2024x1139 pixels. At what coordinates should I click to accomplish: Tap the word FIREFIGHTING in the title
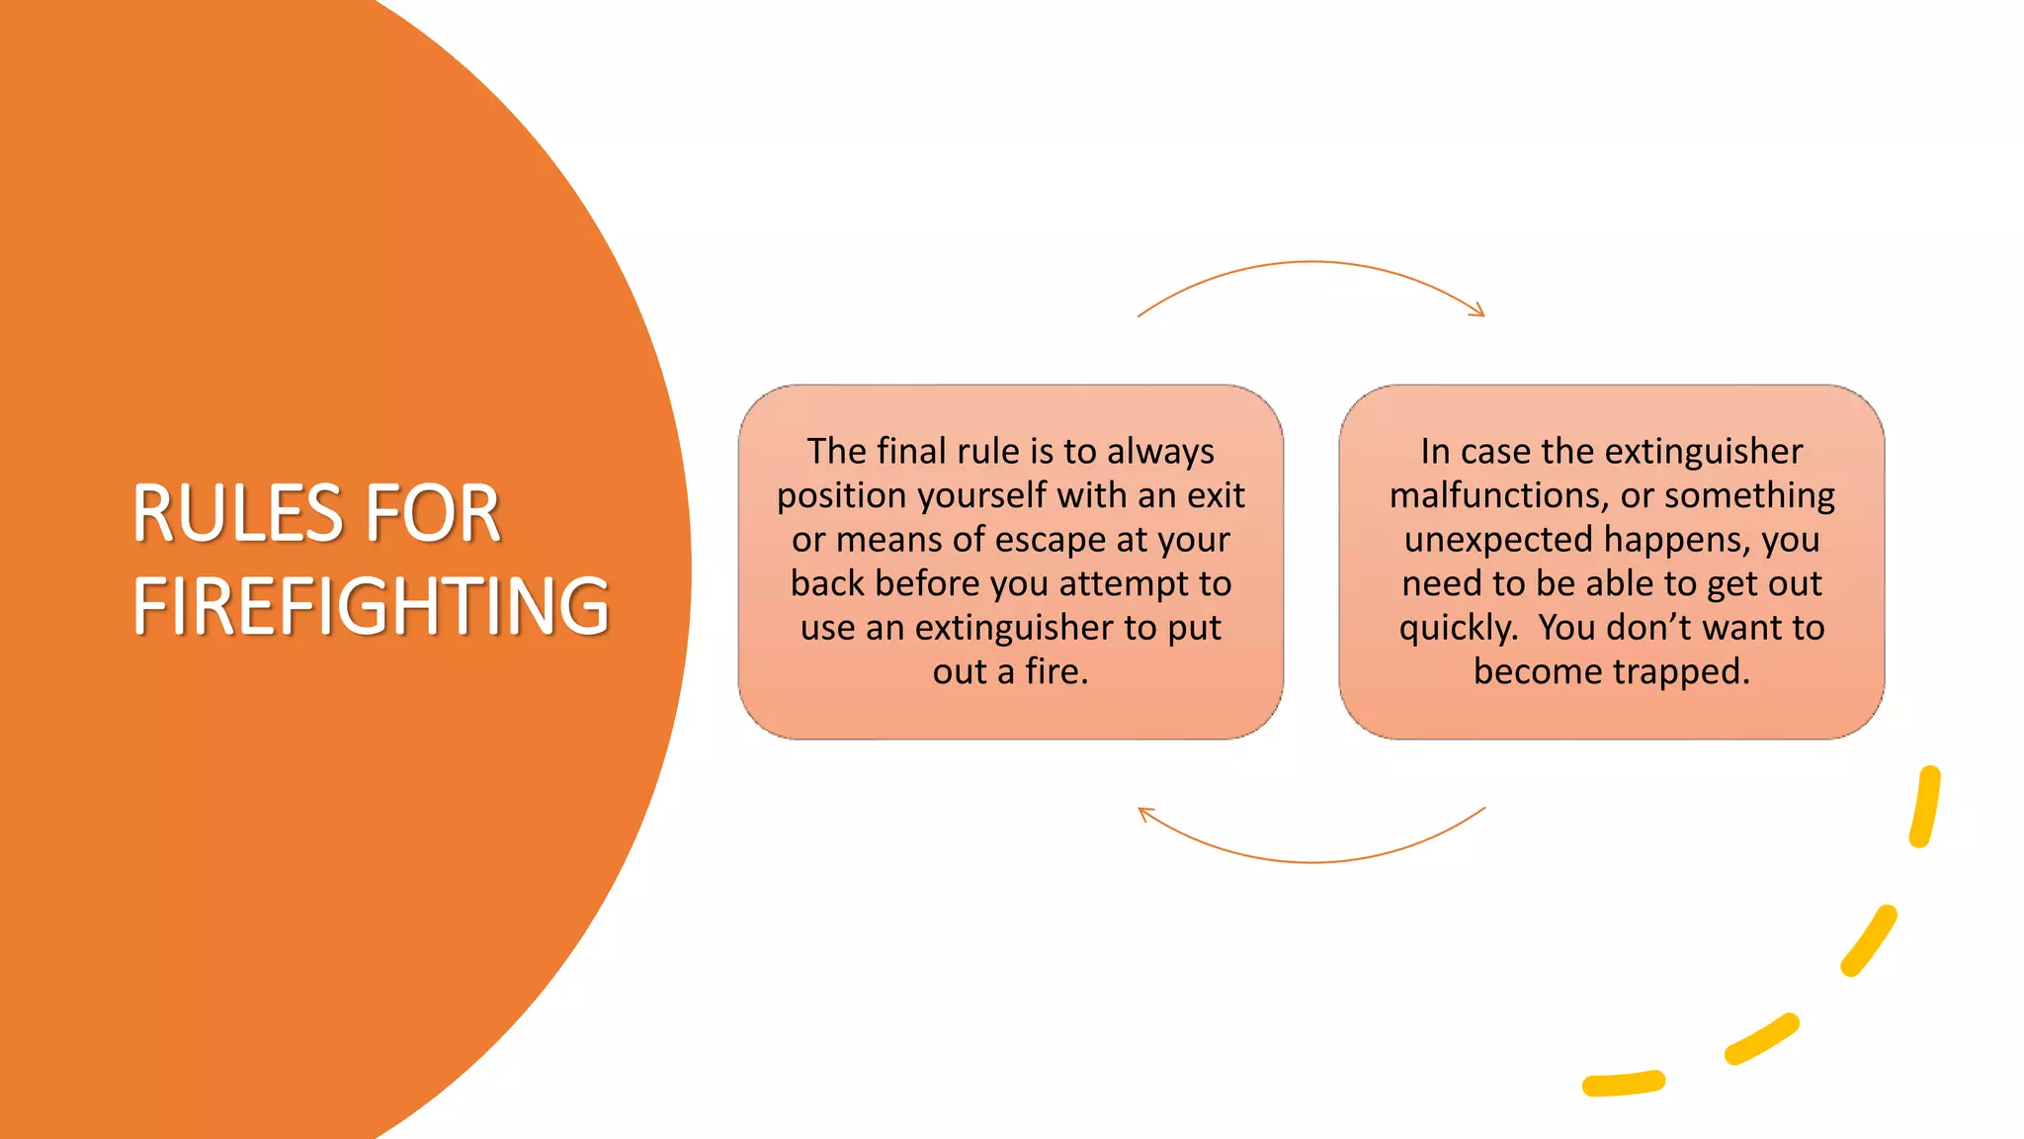point(371,606)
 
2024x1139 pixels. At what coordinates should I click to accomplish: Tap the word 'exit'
point(1216,494)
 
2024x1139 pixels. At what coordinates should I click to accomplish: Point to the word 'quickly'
point(1457,628)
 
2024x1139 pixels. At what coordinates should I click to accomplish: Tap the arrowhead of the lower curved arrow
point(1145,814)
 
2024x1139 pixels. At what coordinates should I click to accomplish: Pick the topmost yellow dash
point(1925,806)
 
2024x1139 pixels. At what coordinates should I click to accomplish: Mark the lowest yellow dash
point(1623,1084)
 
